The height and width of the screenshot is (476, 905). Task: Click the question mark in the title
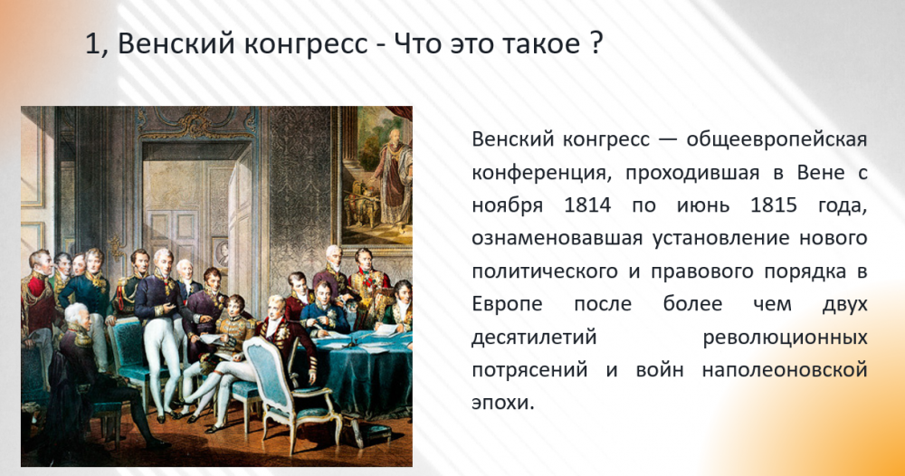click(596, 43)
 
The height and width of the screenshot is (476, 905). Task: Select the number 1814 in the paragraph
click(587, 205)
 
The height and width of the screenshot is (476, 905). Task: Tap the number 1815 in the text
click(774, 205)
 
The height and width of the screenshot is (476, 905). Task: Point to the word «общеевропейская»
click(776, 140)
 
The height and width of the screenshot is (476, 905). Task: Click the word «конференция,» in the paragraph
click(541, 173)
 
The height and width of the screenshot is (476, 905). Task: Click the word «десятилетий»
click(534, 338)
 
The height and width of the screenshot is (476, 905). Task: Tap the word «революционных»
click(785, 338)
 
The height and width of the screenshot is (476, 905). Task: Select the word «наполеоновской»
click(785, 369)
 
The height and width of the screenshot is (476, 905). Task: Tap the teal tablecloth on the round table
click(361, 369)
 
